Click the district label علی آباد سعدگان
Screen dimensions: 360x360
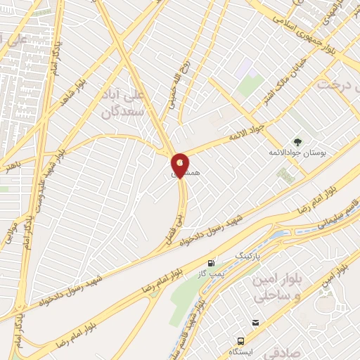point(127,102)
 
